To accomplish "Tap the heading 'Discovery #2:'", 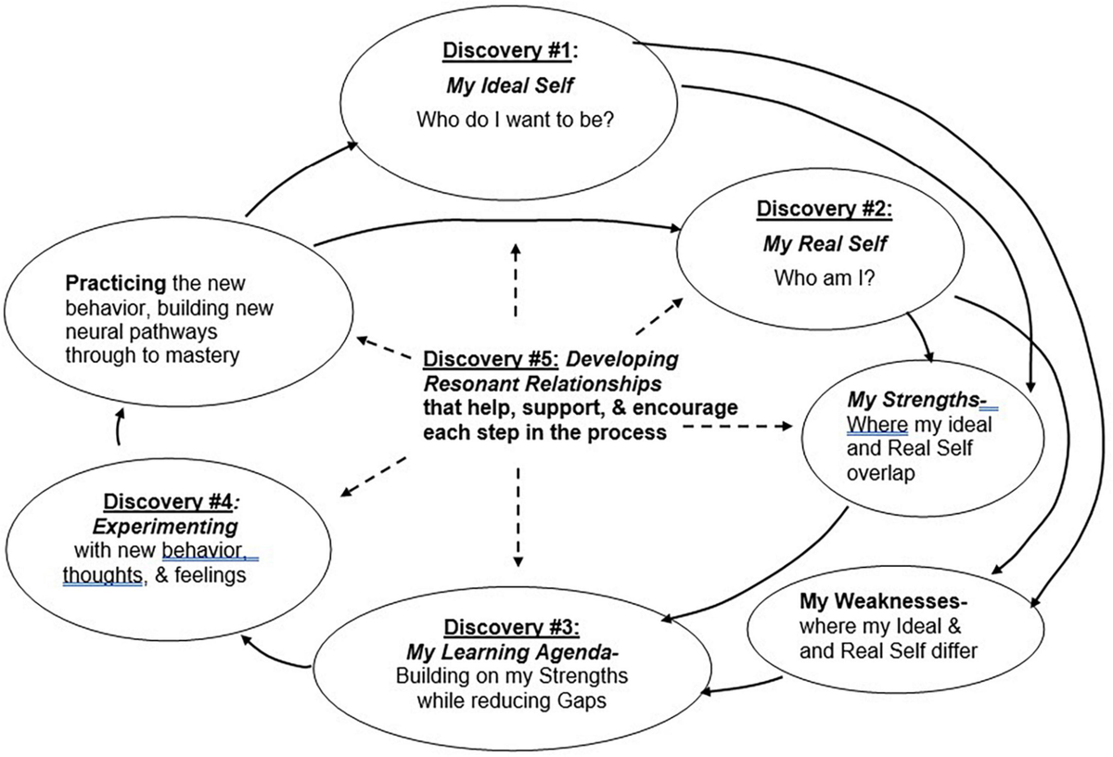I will [x=825, y=209].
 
